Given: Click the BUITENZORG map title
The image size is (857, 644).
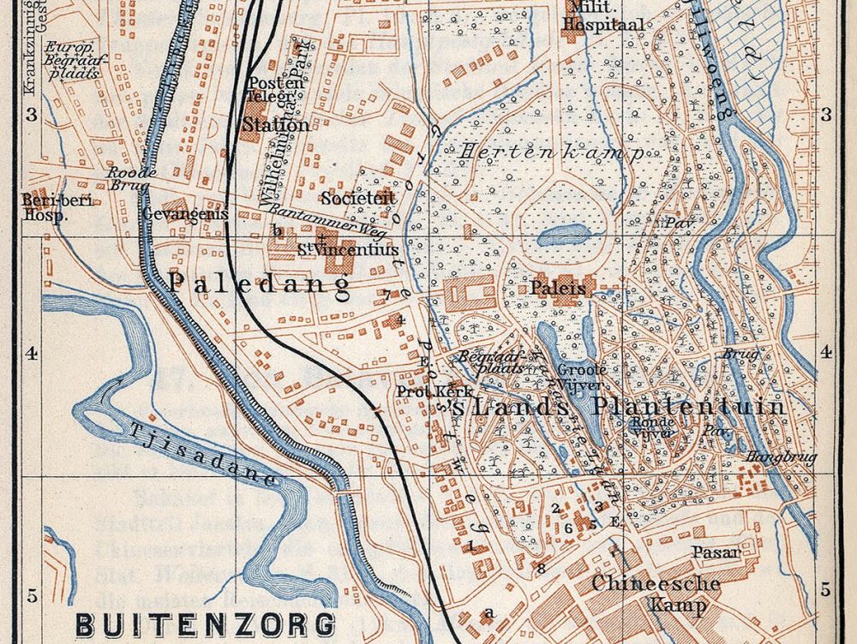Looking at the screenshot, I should tap(205, 623).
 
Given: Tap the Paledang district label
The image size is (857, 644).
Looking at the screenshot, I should tap(260, 285).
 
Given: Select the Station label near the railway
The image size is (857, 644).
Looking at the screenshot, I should tap(275, 125).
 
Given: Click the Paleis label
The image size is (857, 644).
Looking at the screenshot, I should tap(558, 289).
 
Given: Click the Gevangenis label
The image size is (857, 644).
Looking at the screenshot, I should tap(186, 214).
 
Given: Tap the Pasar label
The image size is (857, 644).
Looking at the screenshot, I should tap(716, 553).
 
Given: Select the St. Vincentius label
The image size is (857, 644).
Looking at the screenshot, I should tap(348, 250).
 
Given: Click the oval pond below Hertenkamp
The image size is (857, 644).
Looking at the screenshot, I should tap(563, 234).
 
